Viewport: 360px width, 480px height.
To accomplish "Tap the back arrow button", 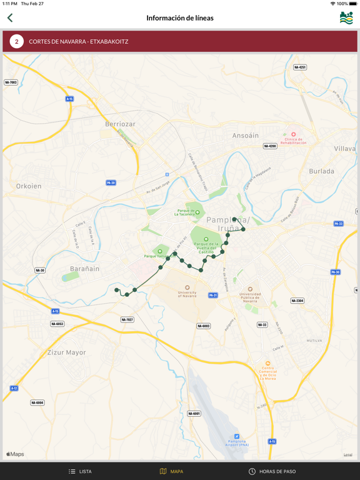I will pyautogui.click(x=10, y=18).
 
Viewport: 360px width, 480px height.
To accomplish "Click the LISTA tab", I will pyautogui.click(x=80, y=471).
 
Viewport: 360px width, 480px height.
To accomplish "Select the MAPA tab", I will pyautogui.click(x=171, y=471).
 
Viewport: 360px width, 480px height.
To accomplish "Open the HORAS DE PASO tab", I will pyautogui.click(x=272, y=471).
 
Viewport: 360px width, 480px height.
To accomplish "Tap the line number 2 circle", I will pyautogui.click(x=16, y=42).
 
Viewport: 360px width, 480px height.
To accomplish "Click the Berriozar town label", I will pyautogui.click(x=120, y=124).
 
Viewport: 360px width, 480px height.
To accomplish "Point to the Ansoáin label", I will pyautogui.click(x=245, y=135).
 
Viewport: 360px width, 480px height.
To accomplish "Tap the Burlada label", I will pyautogui.click(x=321, y=171).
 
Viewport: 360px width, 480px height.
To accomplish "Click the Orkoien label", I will pyautogui.click(x=29, y=186).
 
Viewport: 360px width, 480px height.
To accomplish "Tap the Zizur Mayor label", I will pyautogui.click(x=67, y=352).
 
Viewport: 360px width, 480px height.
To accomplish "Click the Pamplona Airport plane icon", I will pyautogui.click(x=237, y=436).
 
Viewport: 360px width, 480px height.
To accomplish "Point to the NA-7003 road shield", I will pyautogui.click(x=11, y=82).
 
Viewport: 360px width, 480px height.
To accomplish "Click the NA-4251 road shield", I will pyautogui.click(x=300, y=67).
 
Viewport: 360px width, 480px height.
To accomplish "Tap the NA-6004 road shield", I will pyautogui.click(x=37, y=402).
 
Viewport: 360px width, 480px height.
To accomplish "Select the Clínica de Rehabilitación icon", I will pyautogui.click(x=293, y=134).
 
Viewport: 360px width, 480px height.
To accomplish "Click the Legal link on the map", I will pyautogui.click(x=347, y=454).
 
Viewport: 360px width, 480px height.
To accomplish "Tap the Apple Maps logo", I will pyautogui.click(x=15, y=454).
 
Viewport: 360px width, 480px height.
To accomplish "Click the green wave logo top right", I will pyautogui.click(x=346, y=18).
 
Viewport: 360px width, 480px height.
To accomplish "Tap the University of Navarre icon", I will pyautogui.click(x=187, y=287).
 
